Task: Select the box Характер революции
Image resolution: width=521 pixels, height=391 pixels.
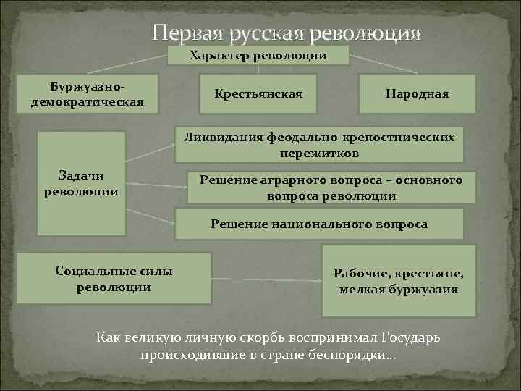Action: click(x=258, y=56)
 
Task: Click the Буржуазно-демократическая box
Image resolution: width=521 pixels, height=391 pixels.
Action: click(x=87, y=94)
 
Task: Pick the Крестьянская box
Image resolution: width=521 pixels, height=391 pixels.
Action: click(x=258, y=95)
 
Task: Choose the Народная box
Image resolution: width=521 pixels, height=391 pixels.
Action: click(x=418, y=95)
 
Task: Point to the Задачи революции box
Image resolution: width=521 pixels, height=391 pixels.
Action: click(x=81, y=183)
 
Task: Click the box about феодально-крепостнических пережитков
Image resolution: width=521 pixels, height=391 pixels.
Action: click(x=320, y=145)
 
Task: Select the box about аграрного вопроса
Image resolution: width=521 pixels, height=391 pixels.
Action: click(x=331, y=188)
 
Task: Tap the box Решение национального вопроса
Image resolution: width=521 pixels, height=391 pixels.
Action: click(x=319, y=224)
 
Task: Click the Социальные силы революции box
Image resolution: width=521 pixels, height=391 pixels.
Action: click(x=114, y=278)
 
